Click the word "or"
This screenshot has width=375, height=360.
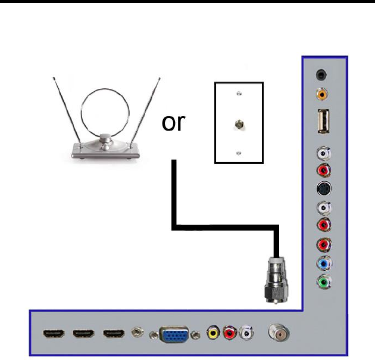173,123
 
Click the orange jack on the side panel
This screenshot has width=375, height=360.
322,93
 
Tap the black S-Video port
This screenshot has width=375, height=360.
323,189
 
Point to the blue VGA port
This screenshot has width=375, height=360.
174,335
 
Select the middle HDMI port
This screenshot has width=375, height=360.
83,334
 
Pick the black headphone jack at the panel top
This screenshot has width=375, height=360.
322,75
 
